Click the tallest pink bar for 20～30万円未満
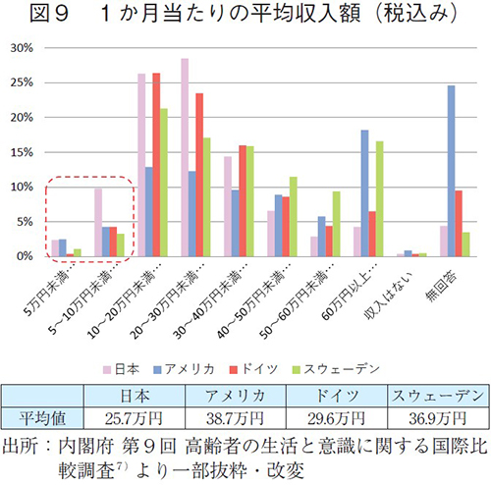(185, 157)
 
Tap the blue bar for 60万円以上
(365, 193)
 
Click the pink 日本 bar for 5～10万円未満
(98, 222)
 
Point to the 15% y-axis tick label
(23, 151)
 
